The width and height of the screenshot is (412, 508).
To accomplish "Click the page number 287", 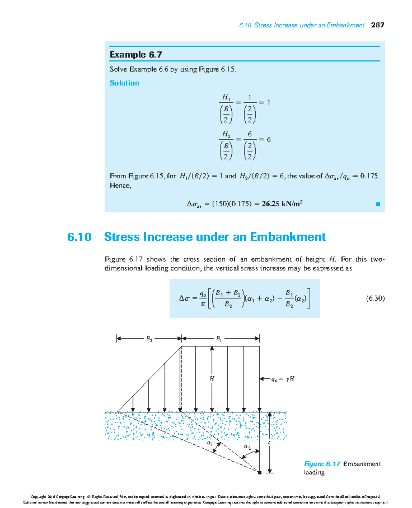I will click(x=377, y=25).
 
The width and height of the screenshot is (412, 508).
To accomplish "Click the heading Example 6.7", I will click(x=136, y=55).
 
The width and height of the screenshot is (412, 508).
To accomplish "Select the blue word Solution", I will click(x=124, y=83).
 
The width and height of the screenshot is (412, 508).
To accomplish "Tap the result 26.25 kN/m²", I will click(x=282, y=204).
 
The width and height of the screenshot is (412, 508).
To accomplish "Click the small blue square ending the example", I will click(x=378, y=204).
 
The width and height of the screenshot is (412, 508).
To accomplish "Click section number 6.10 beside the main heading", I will click(x=79, y=237).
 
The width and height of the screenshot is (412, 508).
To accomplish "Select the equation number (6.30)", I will click(x=375, y=298).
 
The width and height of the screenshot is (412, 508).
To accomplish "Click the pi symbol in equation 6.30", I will click(x=203, y=304).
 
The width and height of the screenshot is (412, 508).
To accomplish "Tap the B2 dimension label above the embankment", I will click(x=149, y=339).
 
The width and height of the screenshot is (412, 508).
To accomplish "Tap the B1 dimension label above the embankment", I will click(x=219, y=339).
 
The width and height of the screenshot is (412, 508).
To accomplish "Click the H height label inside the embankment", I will click(x=212, y=378).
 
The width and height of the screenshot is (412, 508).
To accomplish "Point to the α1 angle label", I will click(x=209, y=443).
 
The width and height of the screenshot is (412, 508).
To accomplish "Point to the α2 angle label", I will click(x=247, y=447).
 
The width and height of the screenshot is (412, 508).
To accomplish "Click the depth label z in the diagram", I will click(x=269, y=443).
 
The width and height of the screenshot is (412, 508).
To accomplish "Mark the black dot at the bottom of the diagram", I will click(x=260, y=473).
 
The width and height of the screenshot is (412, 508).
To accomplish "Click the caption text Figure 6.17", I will click(x=322, y=464).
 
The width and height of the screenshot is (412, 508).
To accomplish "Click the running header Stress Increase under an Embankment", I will click(x=309, y=25).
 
